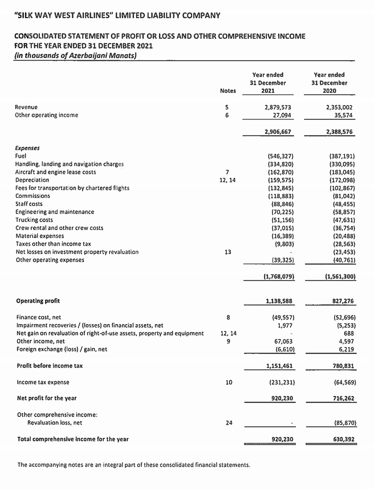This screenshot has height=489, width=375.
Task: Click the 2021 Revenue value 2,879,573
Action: (278, 107)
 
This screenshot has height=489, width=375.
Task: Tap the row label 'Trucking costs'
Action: (34, 220)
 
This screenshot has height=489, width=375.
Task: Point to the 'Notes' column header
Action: (227, 91)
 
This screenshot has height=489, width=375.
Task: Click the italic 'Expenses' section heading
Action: (27, 148)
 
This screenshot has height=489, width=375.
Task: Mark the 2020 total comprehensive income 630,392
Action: (341, 439)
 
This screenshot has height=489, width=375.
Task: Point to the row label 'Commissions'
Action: (33, 196)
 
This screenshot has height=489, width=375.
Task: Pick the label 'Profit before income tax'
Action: (50, 366)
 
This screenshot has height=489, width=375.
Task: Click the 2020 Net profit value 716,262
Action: (341, 399)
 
